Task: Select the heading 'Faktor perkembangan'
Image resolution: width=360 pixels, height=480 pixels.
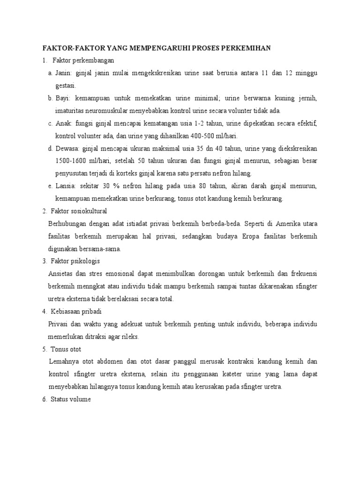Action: (80, 61)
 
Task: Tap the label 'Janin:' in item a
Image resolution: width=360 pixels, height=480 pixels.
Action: (64, 74)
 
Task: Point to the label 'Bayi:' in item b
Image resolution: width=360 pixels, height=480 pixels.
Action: (63, 99)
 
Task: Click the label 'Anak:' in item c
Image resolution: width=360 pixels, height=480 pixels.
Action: (64, 124)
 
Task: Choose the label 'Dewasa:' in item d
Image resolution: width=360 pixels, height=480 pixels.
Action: (67, 149)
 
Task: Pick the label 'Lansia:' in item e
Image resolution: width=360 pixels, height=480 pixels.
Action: (66, 186)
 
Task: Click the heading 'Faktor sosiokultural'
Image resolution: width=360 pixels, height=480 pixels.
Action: (80, 211)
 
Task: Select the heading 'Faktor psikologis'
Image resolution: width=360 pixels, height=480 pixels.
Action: (76, 261)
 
